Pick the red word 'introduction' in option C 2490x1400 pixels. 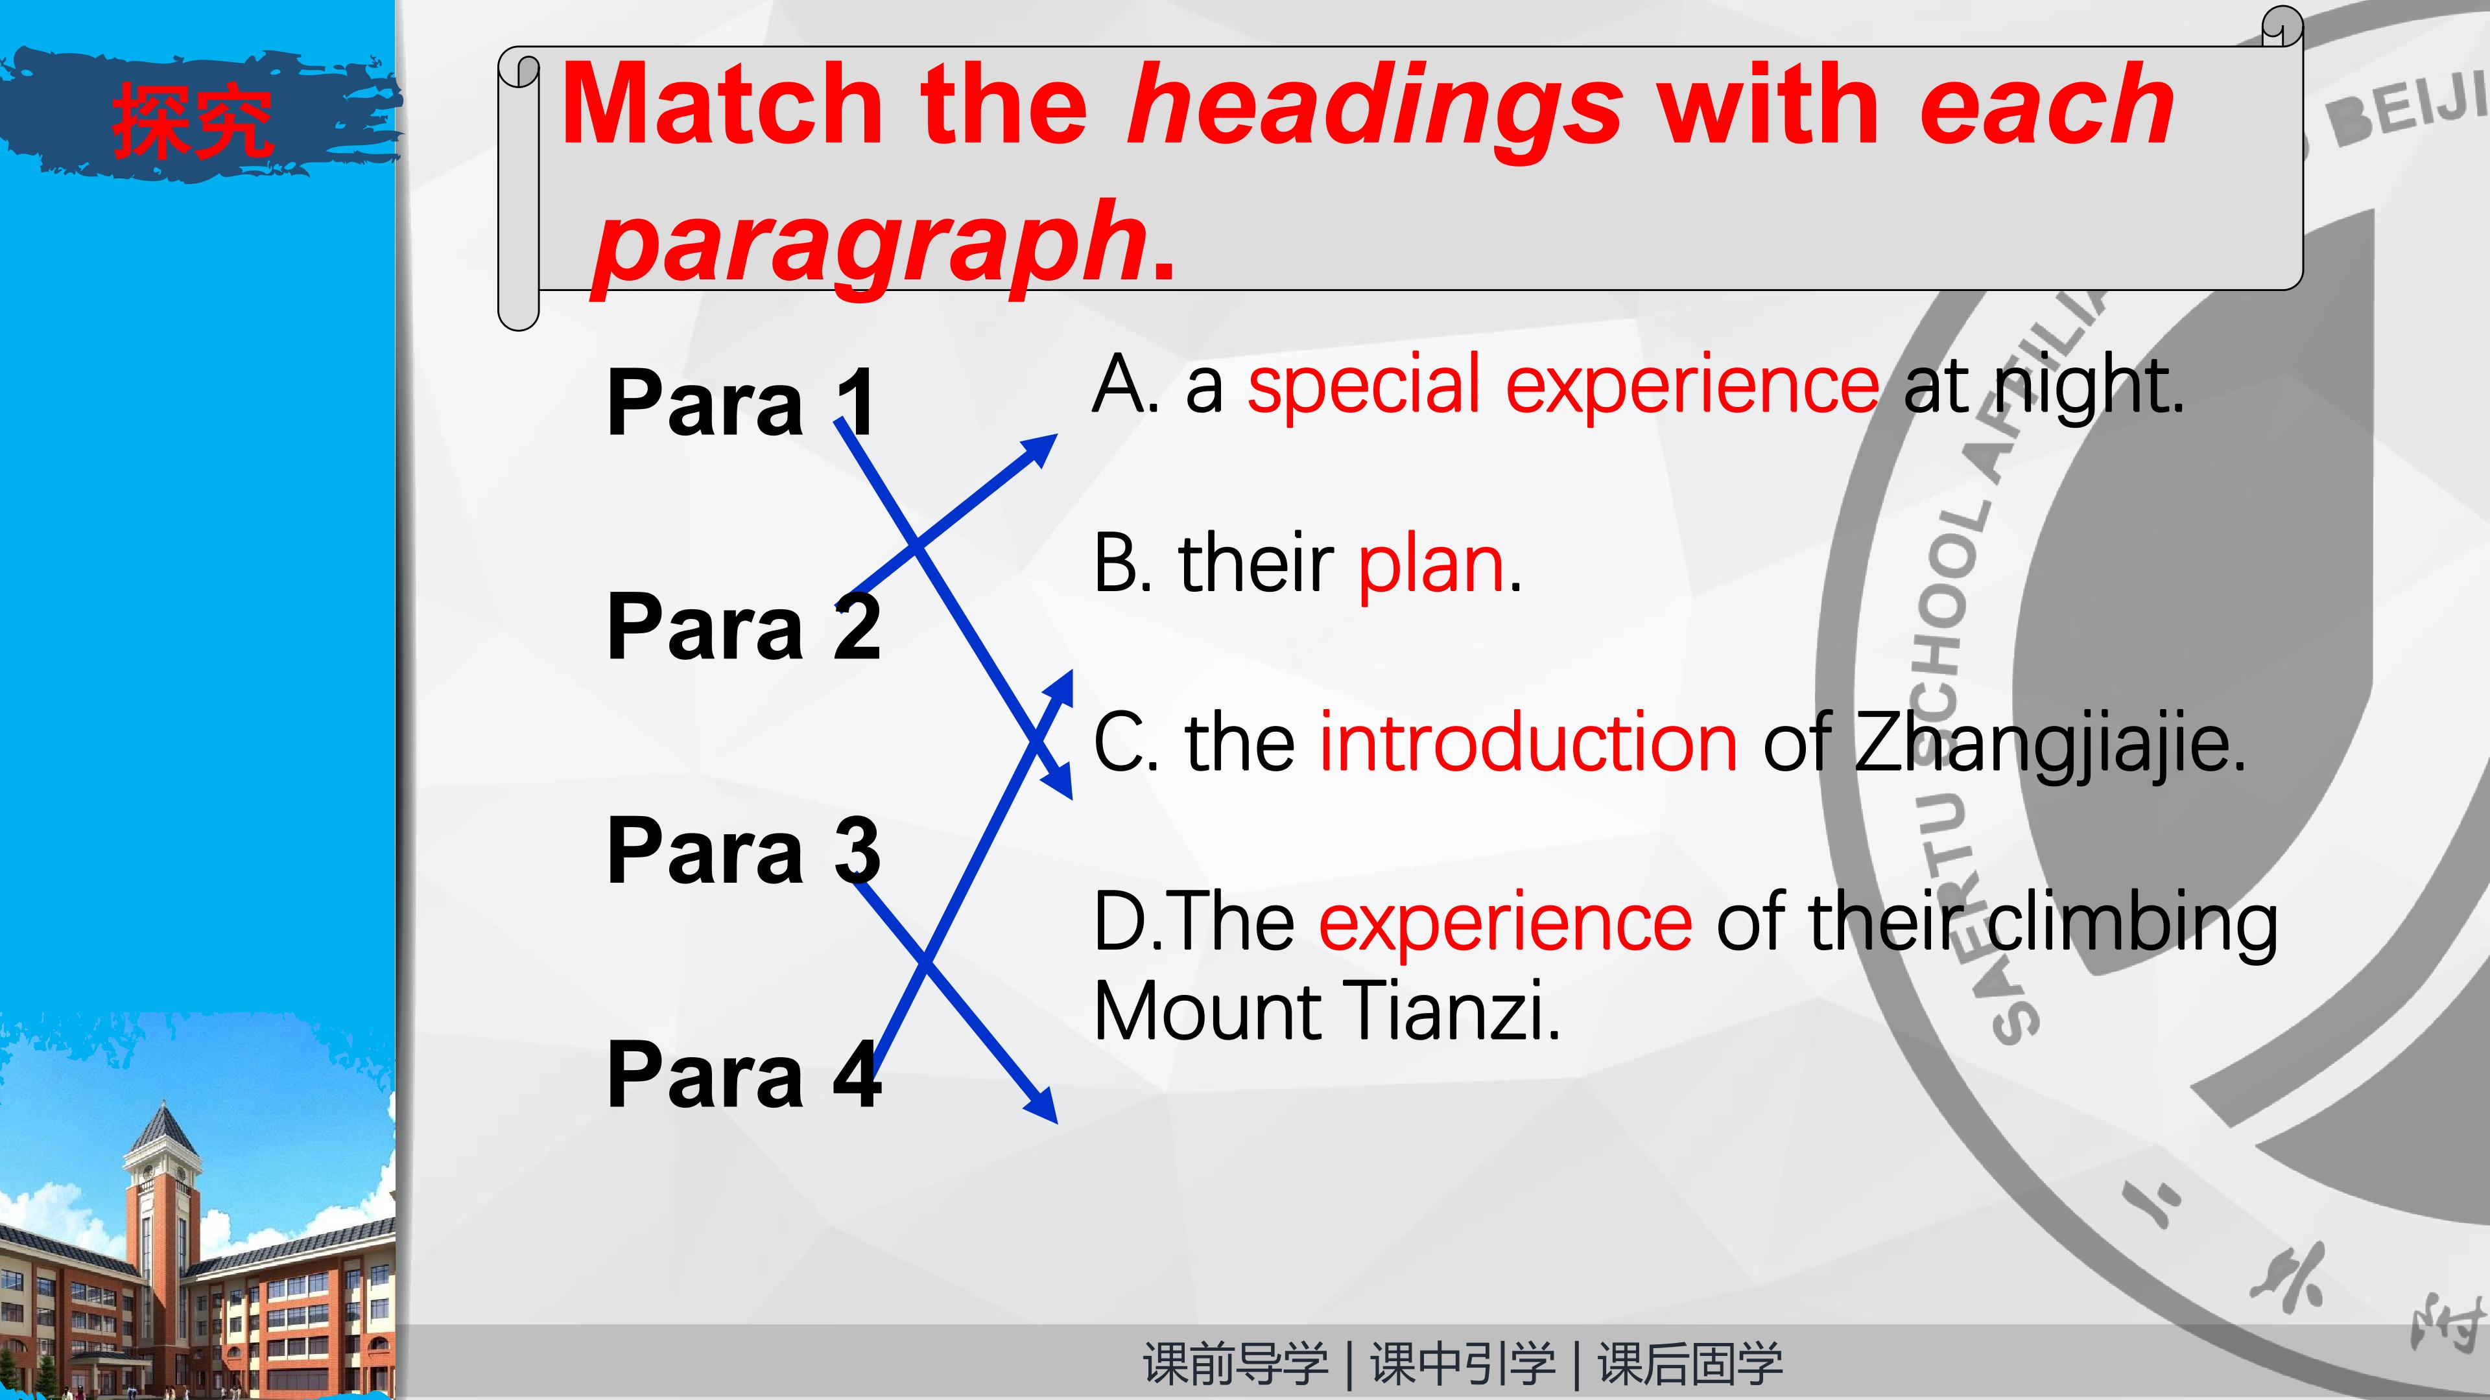[1529, 742]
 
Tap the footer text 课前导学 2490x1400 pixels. [1235, 1364]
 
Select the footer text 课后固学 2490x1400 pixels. [1690, 1364]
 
